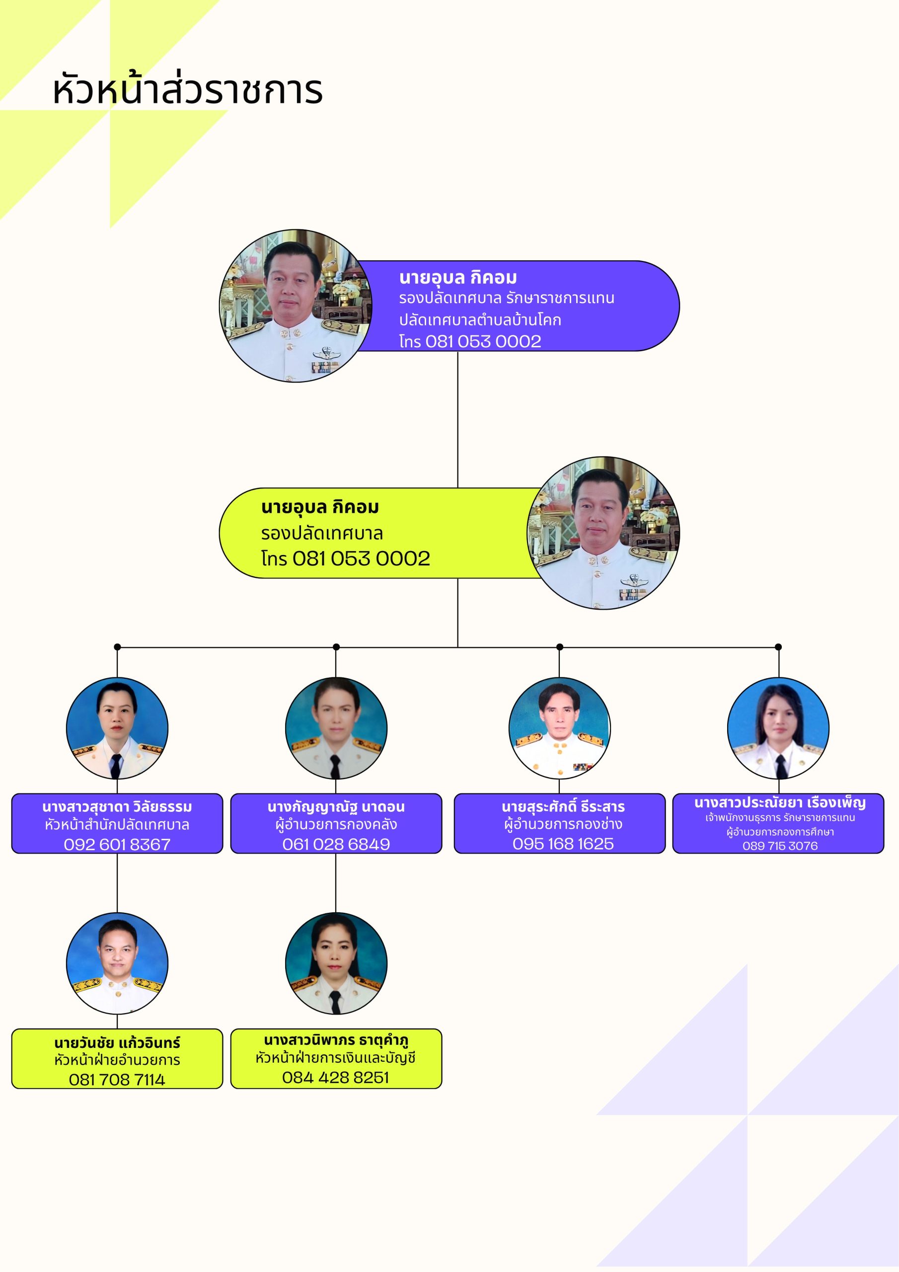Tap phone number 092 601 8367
pos(117,844)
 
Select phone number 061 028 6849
pos(336,844)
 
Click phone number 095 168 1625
pos(563,844)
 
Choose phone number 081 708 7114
pos(117,1080)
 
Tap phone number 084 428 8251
pos(336,1078)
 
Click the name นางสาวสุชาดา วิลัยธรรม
pos(117,807)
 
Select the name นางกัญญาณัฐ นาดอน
pos(336,807)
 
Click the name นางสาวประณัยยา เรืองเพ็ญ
pos(780,803)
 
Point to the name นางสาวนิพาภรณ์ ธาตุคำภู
pos(336,1040)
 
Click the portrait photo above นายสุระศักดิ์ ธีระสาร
pos(559,728)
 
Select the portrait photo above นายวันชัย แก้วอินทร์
pos(117,963)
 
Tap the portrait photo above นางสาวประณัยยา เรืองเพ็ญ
pos(778,728)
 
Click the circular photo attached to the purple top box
pos(296,306)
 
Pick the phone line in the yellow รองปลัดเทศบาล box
pos(346,558)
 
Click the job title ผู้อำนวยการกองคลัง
pos(336,825)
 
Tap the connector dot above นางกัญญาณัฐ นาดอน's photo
pos(336,647)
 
